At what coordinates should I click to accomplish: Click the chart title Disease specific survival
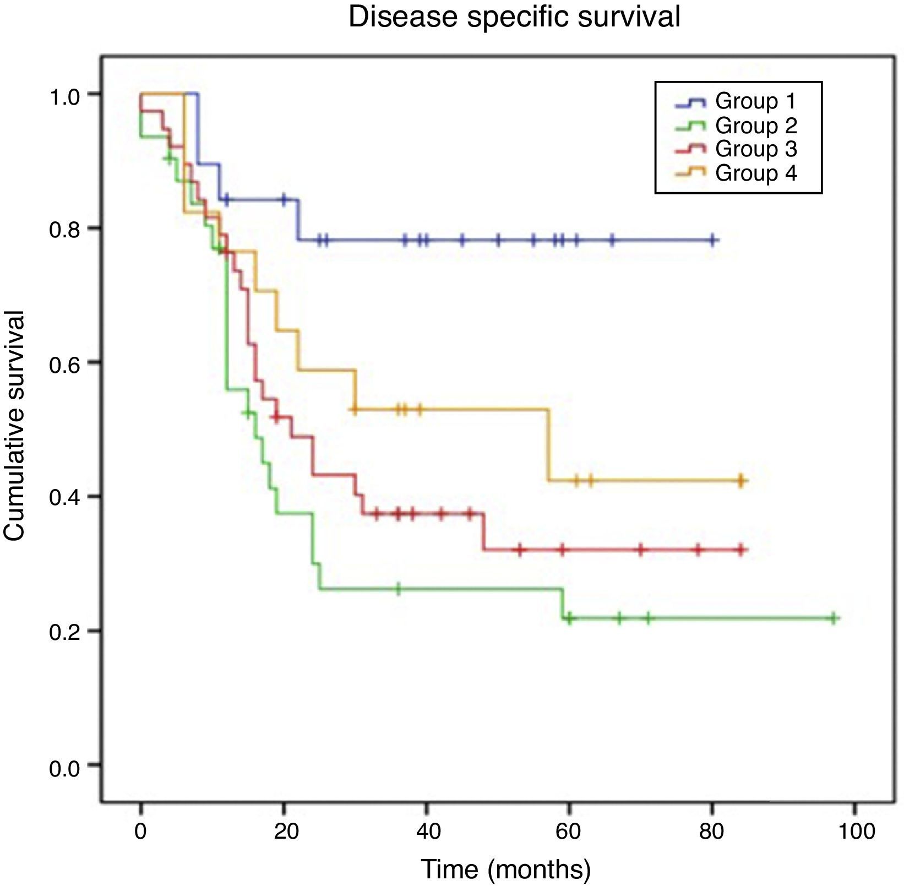tap(514, 17)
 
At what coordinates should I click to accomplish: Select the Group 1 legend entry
tap(755, 101)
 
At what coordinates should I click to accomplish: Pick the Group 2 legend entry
tap(755, 126)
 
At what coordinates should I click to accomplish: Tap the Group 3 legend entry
tap(755, 149)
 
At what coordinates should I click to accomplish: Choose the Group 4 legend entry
tap(755, 173)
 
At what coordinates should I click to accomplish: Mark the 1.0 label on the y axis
tap(65, 94)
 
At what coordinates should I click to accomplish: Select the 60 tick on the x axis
tap(569, 830)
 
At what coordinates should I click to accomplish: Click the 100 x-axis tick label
tap(854, 830)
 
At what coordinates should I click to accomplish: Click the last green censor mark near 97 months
tap(834, 618)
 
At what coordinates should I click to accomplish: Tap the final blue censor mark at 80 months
tap(712, 240)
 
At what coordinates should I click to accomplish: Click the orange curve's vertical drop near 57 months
tap(548, 445)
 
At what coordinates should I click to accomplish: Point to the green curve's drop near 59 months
tap(563, 604)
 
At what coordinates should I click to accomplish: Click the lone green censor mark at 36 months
tap(398, 589)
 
